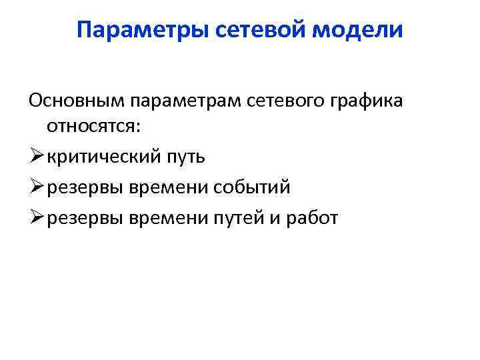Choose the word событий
click(252, 187)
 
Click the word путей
click(247, 217)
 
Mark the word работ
click(312, 217)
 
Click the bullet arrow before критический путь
click(36, 157)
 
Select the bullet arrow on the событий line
click(36, 187)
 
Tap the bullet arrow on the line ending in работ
click(36, 216)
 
